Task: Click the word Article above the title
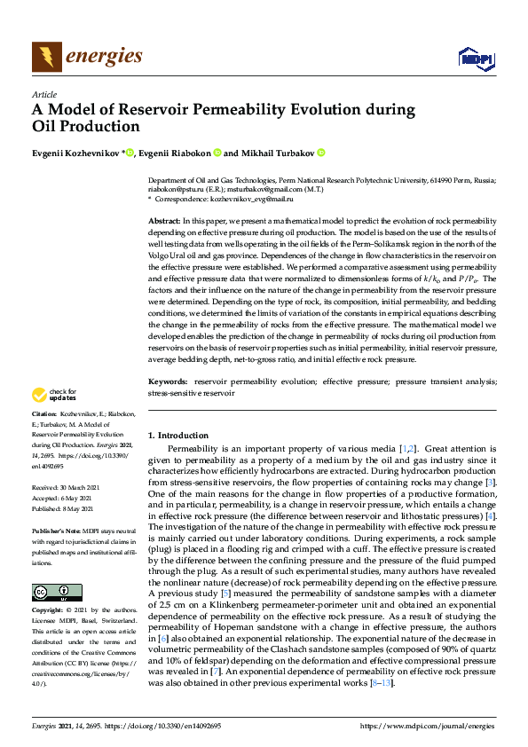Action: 43,94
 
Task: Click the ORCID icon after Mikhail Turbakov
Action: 320,153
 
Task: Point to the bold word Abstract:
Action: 163,218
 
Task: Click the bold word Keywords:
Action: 167,381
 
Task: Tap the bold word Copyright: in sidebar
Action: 49,611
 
